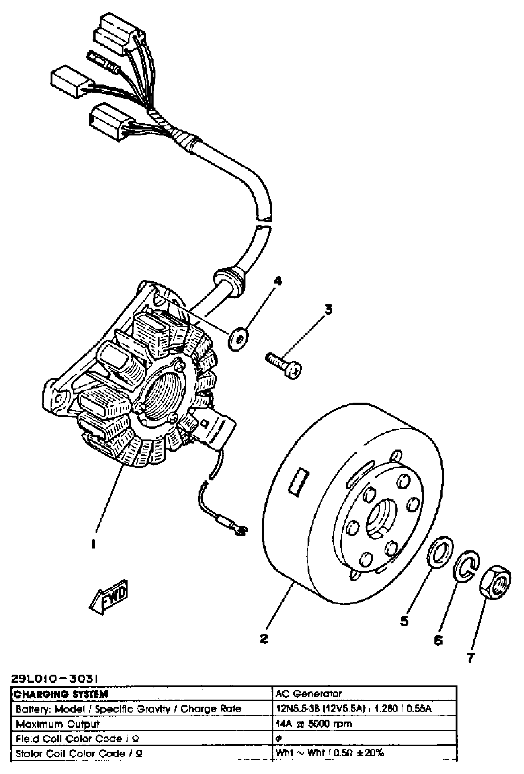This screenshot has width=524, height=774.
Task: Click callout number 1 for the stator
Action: [x=93, y=544]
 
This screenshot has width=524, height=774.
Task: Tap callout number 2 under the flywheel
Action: [x=264, y=638]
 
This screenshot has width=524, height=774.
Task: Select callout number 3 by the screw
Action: [x=328, y=309]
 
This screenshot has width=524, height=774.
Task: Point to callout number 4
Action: [x=277, y=281]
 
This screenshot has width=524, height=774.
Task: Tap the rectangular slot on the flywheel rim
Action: [x=299, y=482]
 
